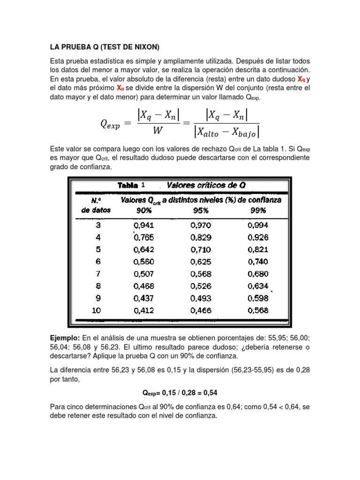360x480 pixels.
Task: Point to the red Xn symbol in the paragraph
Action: point(120,88)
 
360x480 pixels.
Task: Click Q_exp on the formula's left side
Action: point(111,124)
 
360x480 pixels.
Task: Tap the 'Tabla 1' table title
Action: point(131,185)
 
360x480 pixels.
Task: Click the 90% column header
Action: point(143,210)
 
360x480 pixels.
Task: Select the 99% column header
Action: point(258,210)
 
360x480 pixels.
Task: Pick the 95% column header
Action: point(201,210)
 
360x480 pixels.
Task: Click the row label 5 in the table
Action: point(97,249)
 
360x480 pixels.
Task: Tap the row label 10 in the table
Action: point(96,310)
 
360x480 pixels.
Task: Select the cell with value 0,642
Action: point(143,249)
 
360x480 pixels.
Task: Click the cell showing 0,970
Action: point(201,225)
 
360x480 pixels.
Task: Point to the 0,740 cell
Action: point(258,262)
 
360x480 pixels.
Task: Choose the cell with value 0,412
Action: point(143,310)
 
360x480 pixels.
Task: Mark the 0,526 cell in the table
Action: point(201,286)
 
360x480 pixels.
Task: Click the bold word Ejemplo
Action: point(65,338)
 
